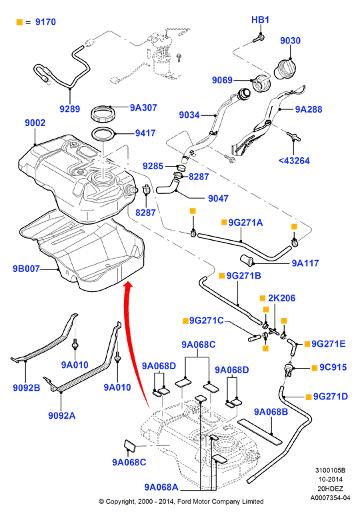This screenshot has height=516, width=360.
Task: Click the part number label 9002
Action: click(x=35, y=123)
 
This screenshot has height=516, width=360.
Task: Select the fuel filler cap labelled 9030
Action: click(x=285, y=69)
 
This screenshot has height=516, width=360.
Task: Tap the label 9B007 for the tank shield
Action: click(x=26, y=269)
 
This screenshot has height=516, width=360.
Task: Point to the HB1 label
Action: click(x=260, y=20)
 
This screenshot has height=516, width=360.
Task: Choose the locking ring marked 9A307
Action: click(x=103, y=113)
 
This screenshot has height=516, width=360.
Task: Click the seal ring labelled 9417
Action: click(x=103, y=134)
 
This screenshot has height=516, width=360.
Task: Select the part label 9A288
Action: click(x=309, y=109)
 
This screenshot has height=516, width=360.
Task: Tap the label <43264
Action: click(x=294, y=161)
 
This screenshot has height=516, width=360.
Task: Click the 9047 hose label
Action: click(x=218, y=199)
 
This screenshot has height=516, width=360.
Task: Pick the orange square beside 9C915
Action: click(x=315, y=368)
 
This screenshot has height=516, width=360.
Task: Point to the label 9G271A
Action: click(x=245, y=223)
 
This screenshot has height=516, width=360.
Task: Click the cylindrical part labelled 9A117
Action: click(x=247, y=260)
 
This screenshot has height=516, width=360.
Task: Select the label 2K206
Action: click(x=282, y=298)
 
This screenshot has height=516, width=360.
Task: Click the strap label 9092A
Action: click(x=62, y=415)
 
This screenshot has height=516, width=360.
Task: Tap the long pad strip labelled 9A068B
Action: click(x=260, y=431)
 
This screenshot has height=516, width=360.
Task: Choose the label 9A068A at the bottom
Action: click(x=161, y=487)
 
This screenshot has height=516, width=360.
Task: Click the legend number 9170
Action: click(x=45, y=22)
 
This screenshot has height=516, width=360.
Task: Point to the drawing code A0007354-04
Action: click(x=331, y=498)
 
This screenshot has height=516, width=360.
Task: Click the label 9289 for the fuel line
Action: click(x=70, y=109)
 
